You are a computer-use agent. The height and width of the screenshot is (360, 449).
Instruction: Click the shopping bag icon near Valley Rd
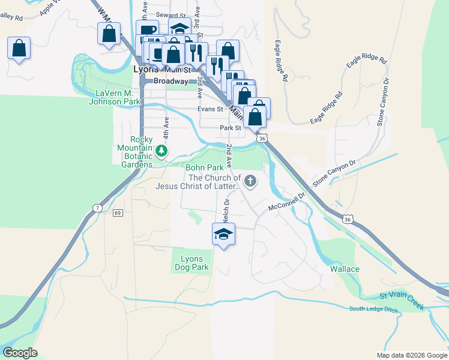19,47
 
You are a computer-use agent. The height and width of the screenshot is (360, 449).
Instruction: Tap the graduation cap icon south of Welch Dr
223,234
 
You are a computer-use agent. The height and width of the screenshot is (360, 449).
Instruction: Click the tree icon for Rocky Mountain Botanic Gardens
160,151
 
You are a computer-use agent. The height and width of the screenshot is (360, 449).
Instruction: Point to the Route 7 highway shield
97,208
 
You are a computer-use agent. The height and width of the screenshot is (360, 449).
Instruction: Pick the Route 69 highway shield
118,213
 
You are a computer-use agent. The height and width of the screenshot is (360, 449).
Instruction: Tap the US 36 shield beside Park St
262,139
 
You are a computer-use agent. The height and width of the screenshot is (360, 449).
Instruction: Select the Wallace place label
345,269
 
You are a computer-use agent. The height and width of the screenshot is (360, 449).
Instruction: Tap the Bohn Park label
200,167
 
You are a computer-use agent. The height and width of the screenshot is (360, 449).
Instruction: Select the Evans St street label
211,109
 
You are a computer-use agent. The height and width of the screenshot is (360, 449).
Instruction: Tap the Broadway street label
171,80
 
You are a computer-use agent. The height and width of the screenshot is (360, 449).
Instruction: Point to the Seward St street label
171,15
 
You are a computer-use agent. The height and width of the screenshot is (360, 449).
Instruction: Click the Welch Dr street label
226,207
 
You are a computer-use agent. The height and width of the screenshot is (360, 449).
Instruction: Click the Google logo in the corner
20,353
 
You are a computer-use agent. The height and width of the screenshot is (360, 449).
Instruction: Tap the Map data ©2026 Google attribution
411,355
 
